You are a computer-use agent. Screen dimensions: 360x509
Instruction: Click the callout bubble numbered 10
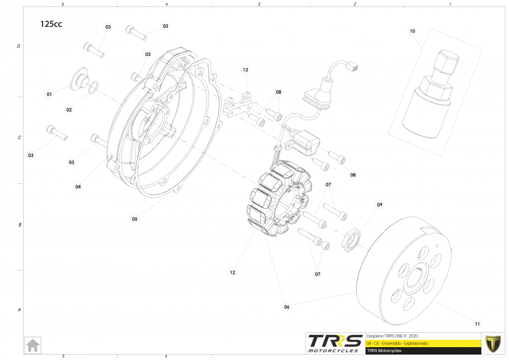413,31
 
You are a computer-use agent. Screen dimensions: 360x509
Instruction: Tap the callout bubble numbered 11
477,324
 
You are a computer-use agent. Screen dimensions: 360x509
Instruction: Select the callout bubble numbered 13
245,70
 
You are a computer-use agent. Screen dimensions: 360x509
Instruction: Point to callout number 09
380,204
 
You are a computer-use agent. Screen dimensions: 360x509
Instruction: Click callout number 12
232,272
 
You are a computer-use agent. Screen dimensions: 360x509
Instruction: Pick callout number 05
135,218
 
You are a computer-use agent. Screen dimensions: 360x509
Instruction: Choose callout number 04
78,187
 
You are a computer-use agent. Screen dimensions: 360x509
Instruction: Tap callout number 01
49,93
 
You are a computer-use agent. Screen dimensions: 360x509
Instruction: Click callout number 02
69,109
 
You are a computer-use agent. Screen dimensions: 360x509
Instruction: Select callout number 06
287,307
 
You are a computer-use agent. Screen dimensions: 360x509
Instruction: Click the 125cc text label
51,24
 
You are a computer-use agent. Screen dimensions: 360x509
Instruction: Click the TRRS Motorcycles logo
334,343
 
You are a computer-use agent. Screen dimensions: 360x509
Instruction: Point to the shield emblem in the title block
493,343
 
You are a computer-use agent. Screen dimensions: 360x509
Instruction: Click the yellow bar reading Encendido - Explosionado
423,343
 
